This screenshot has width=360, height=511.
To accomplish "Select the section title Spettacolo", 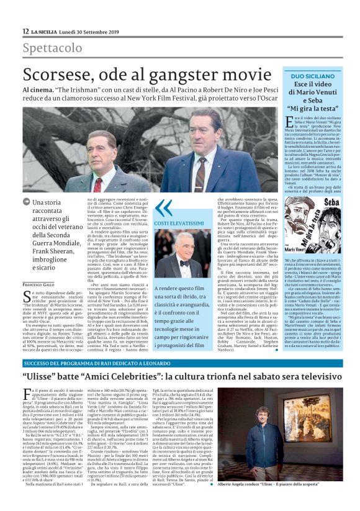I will pos(52,48).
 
